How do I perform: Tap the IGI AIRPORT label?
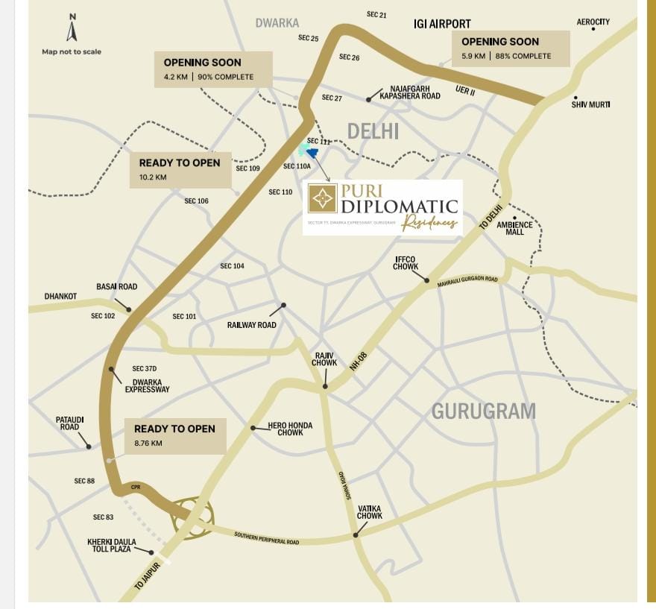pyautogui.click(x=442, y=24)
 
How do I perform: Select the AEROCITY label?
pyautogui.click(x=593, y=22)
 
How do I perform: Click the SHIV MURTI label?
pyautogui.click(x=590, y=104)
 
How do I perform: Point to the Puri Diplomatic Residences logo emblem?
pyautogui.click(x=323, y=198)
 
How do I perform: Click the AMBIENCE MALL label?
pyautogui.click(x=514, y=228)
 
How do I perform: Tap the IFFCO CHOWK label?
pyautogui.click(x=406, y=263)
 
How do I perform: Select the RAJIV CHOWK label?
pyautogui.click(x=324, y=359)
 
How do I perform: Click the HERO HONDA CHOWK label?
pyautogui.click(x=290, y=429)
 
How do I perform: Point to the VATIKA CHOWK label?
pyautogui.click(x=370, y=512)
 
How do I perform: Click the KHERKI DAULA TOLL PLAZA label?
pyautogui.click(x=109, y=545)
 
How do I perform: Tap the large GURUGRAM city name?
pyautogui.click(x=484, y=411)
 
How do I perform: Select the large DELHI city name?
pyautogui.click(x=373, y=132)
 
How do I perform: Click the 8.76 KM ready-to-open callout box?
pyautogui.click(x=175, y=435)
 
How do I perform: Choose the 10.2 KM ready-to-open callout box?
pyautogui.click(x=180, y=169)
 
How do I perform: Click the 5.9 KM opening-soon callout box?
pyautogui.click(x=511, y=48)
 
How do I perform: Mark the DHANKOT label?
pyautogui.click(x=60, y=296)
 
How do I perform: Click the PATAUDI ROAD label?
pyautogui.click(x=69, y=423)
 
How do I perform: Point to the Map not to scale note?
pyautogui.click(x=72, y=51)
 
